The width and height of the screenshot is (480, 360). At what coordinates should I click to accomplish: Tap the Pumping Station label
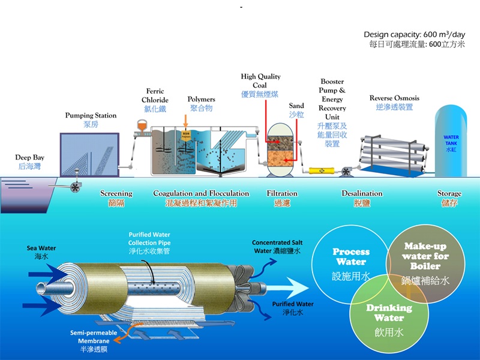tap(91, 115)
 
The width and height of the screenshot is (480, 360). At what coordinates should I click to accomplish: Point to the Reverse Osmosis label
tap(394, 98)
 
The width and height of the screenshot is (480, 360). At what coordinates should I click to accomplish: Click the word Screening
tap(116, 194)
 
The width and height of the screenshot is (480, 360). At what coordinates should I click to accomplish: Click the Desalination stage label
tap(362, 194)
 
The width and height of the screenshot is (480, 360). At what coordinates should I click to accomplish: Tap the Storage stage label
tap(449, 194)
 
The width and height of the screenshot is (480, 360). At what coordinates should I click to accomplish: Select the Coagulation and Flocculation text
tap(201, 194)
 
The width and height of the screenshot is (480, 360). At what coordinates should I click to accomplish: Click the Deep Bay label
tap(30, 158)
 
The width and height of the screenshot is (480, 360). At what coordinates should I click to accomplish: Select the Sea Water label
tap(40, 247)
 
